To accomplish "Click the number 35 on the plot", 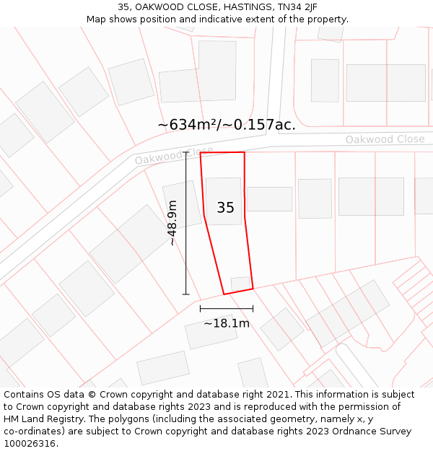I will pos(226,208).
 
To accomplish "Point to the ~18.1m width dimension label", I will pos(227,323).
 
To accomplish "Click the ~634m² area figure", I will pos(188,125).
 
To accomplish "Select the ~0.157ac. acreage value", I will pos(261,125).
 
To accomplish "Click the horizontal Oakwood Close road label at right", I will pos(385,139).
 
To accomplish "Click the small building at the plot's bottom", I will pos(240,282).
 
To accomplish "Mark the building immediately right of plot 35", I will pos(269,199).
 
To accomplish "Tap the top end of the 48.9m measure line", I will pos(186,152).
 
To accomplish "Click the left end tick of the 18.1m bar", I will pos(200,309).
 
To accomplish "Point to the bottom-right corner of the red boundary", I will pos(253,289).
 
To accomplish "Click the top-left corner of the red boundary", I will pos(200,153).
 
